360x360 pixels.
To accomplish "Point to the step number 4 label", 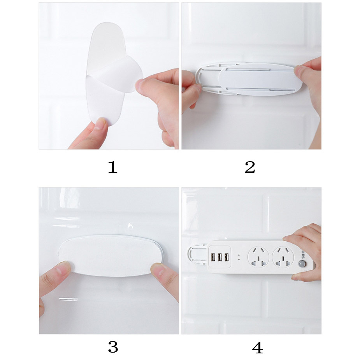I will tap(258, 347).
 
